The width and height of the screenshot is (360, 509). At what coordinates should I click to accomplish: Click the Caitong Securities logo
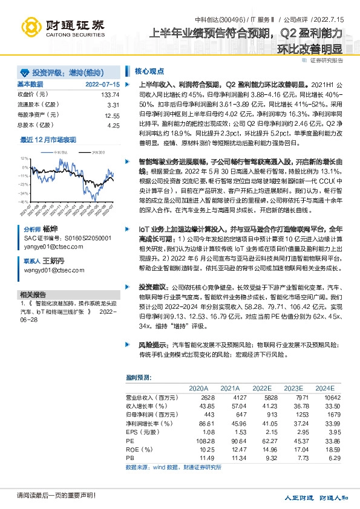[x=63, y=27]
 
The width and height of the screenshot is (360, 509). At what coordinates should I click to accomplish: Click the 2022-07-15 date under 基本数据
[x=103, y=85]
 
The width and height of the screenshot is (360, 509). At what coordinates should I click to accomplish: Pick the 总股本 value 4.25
[x=113, y=125]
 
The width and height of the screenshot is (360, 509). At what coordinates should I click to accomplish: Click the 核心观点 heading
[x=148, y=71]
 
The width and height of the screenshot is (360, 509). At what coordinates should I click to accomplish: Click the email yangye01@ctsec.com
[x=50, y=247]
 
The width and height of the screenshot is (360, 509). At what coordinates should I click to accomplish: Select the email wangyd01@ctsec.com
[x=51, y=269]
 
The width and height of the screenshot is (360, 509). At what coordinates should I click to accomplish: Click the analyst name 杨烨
[x=50, y=230]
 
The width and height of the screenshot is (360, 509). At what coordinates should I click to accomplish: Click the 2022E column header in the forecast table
[x=261, y=388]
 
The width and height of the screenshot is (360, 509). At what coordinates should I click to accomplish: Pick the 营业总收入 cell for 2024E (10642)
[x=325, y=397]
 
